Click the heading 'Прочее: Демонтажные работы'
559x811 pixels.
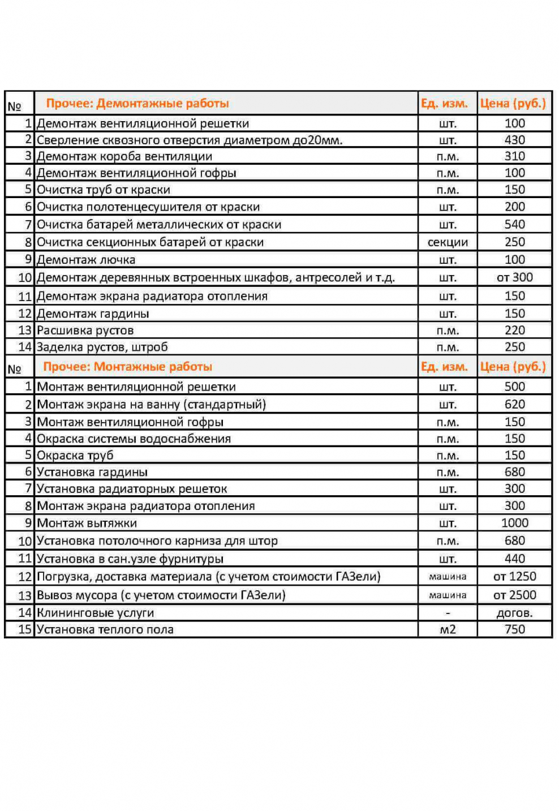click(137, 104)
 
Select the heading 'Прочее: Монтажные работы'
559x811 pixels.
click(128, 367)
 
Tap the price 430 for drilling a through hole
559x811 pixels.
click(514, 140)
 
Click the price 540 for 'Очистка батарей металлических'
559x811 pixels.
click(514, 225)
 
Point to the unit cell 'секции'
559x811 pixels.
click(447, 242)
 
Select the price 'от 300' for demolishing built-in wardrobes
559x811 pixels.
click(514, 277)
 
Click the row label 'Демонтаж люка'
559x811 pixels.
click(86, 260)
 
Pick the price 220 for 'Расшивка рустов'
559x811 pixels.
click(514, 331)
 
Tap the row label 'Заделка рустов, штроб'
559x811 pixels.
click(102, 347)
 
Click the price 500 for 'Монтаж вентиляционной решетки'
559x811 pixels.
click(514, 387)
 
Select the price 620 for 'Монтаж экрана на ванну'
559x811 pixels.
click(514, 405)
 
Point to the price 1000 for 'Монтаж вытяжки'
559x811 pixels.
click(514, 523)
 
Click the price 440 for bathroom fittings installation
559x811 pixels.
click(514, 559)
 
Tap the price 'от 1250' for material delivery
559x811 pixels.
click(514, 577)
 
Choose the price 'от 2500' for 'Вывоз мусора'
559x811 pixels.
click(514, 595)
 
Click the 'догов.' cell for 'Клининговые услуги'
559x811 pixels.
click(514, 613)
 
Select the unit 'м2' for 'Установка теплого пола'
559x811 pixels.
click(447, 630)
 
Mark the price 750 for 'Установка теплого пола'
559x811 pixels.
click(514, 630)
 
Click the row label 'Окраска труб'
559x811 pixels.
click(75, 456)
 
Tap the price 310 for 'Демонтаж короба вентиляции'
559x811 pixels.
click(514, 156)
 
